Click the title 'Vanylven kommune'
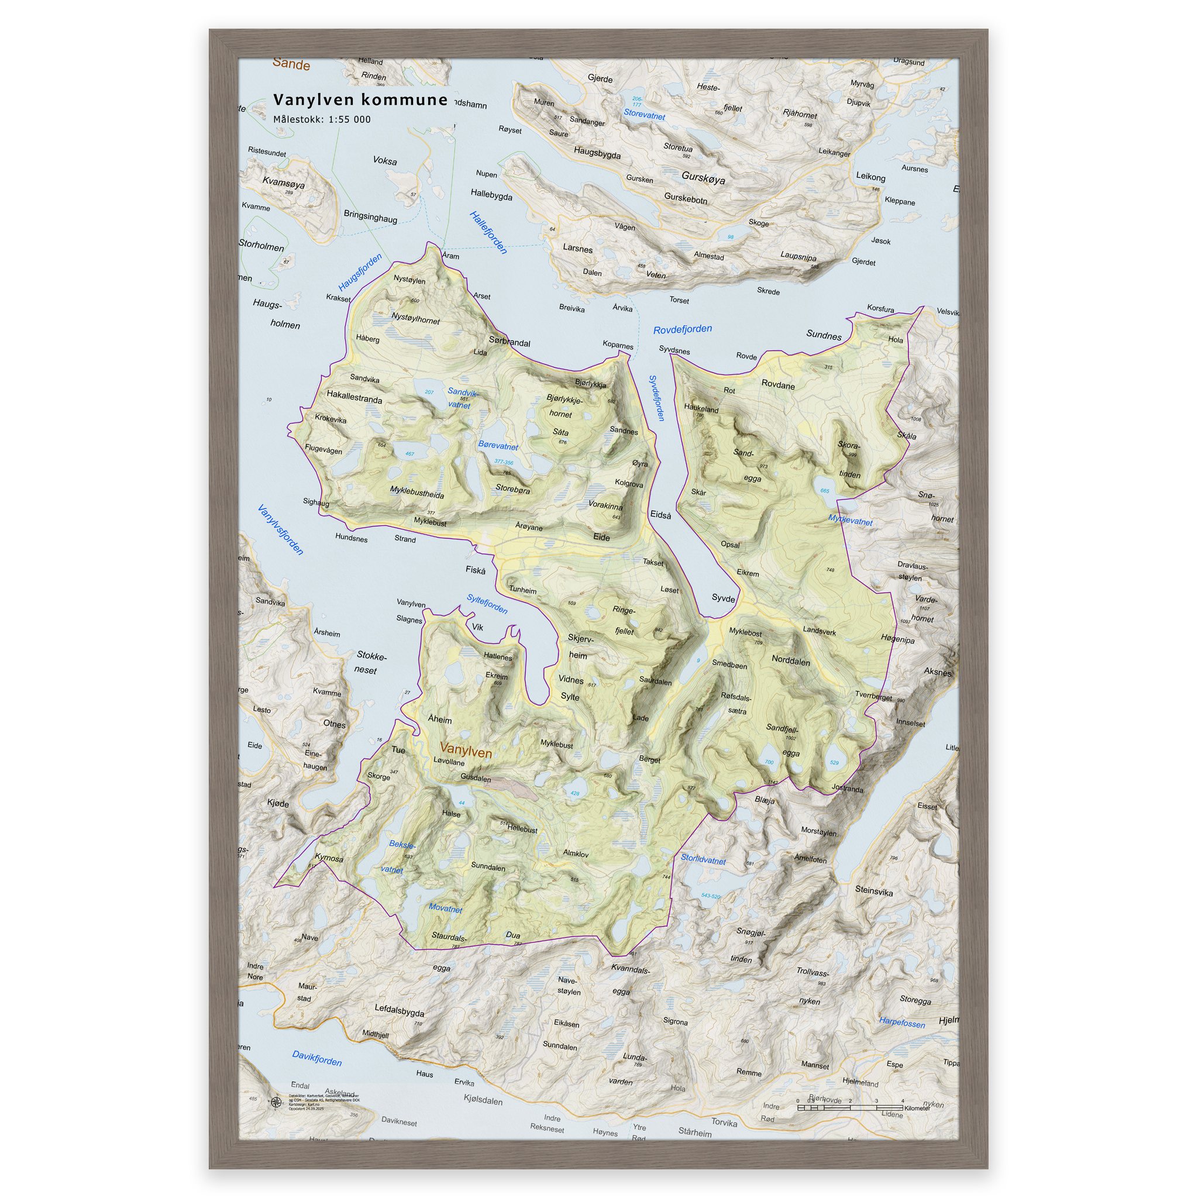[x=360, y=100]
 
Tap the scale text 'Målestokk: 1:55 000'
[x=322, y=120]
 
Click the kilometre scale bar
[x=849, y=1107]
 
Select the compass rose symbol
[x=277, y=1102]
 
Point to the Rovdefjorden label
[x=682, y=329]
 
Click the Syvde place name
[x=723, y=598]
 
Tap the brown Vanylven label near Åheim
[x=465, y=752]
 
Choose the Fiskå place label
[x=476, y=570]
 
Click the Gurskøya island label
[x=703, y=177]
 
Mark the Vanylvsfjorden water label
[x=280, y=529]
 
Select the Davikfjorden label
[x=316, y=1058]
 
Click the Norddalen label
[x=791, y=660]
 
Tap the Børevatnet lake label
[x=498, y=445]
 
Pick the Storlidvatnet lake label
[x=703, y=859]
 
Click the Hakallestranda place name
[x=354, y=396]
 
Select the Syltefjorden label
[x=487, y=604]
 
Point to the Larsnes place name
[x=577, y=248]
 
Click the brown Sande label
[x=291, y=64]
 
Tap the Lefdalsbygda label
[x=400, y=1010]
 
